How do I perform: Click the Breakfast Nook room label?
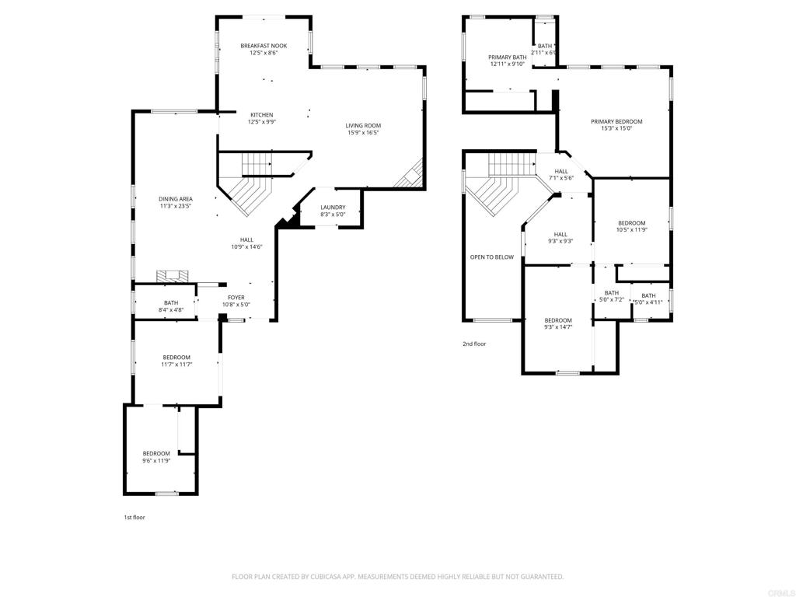pyautogui.click(x=264, y=47)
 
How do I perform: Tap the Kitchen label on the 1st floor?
pyautogui.click(x=261, y=115)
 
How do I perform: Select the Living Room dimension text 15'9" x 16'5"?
pyautogui.click(x=363, y=133)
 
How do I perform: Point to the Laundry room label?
pyautogui.click(x=333, y=208)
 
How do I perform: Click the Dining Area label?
pyautogui.click(x=176, y=199)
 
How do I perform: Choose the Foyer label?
pyautogui.click(x=236, y=298)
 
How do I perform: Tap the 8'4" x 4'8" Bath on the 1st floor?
pyautogui.click(x=170, y=303)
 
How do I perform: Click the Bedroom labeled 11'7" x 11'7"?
pyautogui.click(x=176, y=358)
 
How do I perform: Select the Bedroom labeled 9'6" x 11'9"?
pyautogui.click(x=155, y=454)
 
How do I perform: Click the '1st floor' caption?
pyautogui.click(x=134, y=517)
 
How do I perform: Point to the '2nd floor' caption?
pyautogui.click(x=474, y=344)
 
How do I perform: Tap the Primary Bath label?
pyautogui.click(x=507, y=58)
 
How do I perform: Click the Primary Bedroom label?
pyautogui.click(x=616, y=122)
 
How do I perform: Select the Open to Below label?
pyautogui.click(x=491, y=257)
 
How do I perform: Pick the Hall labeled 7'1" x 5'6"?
pyautogui.click(x=561, y=172)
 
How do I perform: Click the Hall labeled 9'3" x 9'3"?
pyautogui.click(x=560, y=235)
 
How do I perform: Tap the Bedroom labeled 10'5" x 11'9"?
pyautogui.click(x=631, y=223)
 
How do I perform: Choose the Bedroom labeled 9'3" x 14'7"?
pyautogui.click(x=558, y=321)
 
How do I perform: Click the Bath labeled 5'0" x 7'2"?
pyautogui.click(x=612, y=293)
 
